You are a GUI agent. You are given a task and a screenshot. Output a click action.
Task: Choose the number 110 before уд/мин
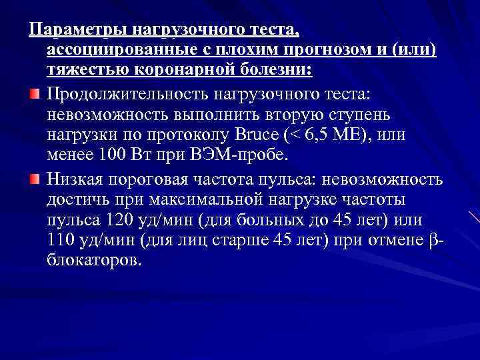(63, 241)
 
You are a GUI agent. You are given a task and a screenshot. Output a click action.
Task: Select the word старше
(240, 241)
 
